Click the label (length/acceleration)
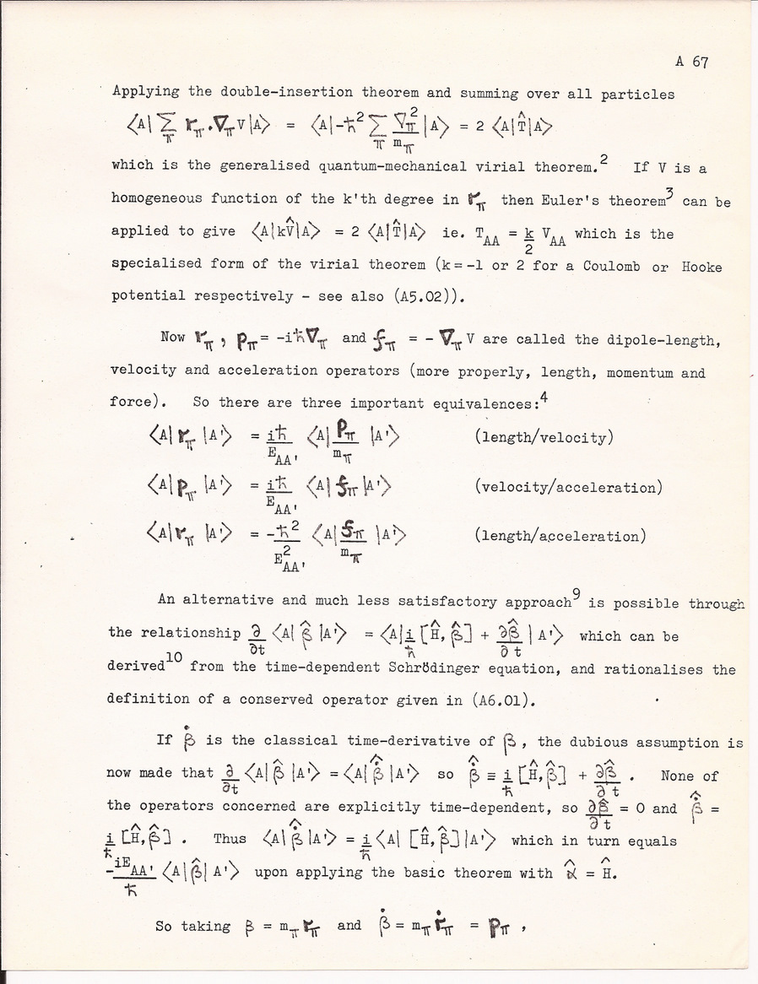pyautogui.click(x=560, y=536)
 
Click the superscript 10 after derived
pyautogui.click(x=175, y=660)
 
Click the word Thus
pyautogui.click(x=230, y=841)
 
